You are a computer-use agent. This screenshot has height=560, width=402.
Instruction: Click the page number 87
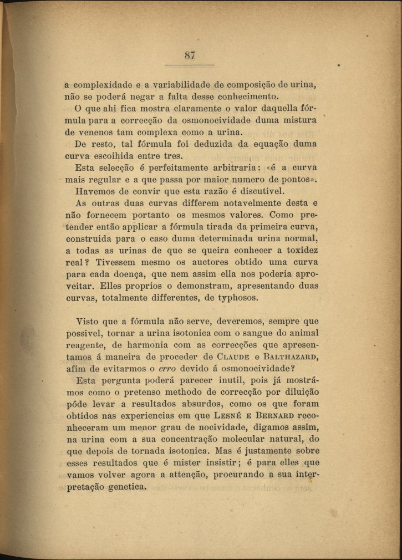190,55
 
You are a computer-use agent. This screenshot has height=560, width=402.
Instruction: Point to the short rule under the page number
190,65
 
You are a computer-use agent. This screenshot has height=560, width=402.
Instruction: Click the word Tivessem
118,262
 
